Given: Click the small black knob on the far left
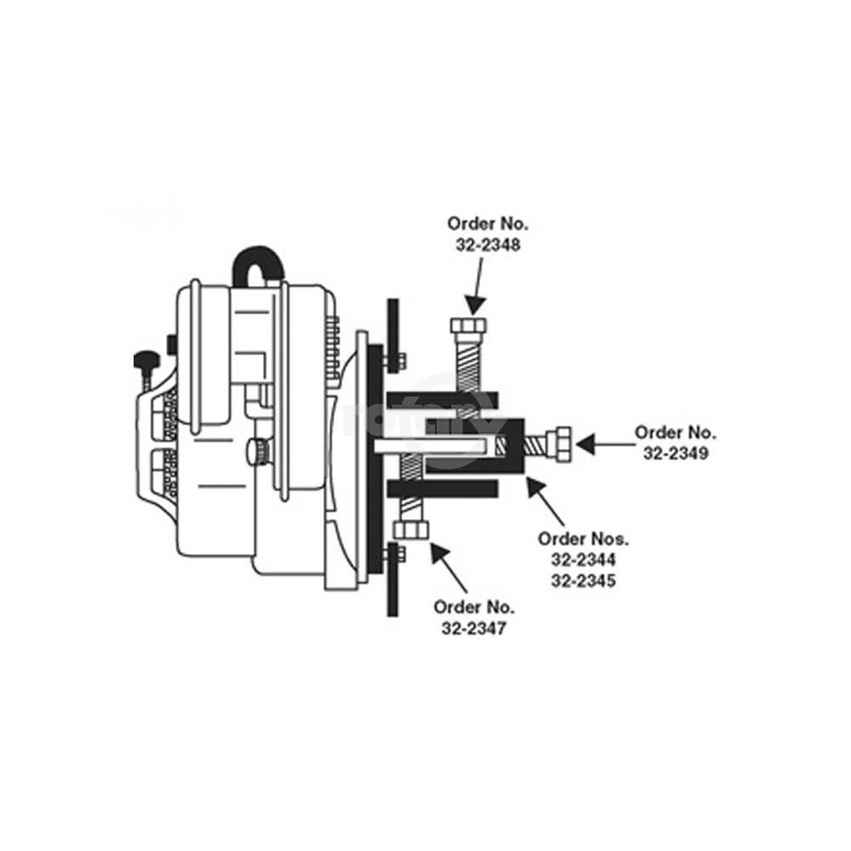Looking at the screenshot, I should (x=146, y=362).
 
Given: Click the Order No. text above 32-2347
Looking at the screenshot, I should (x=474, y=608).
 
